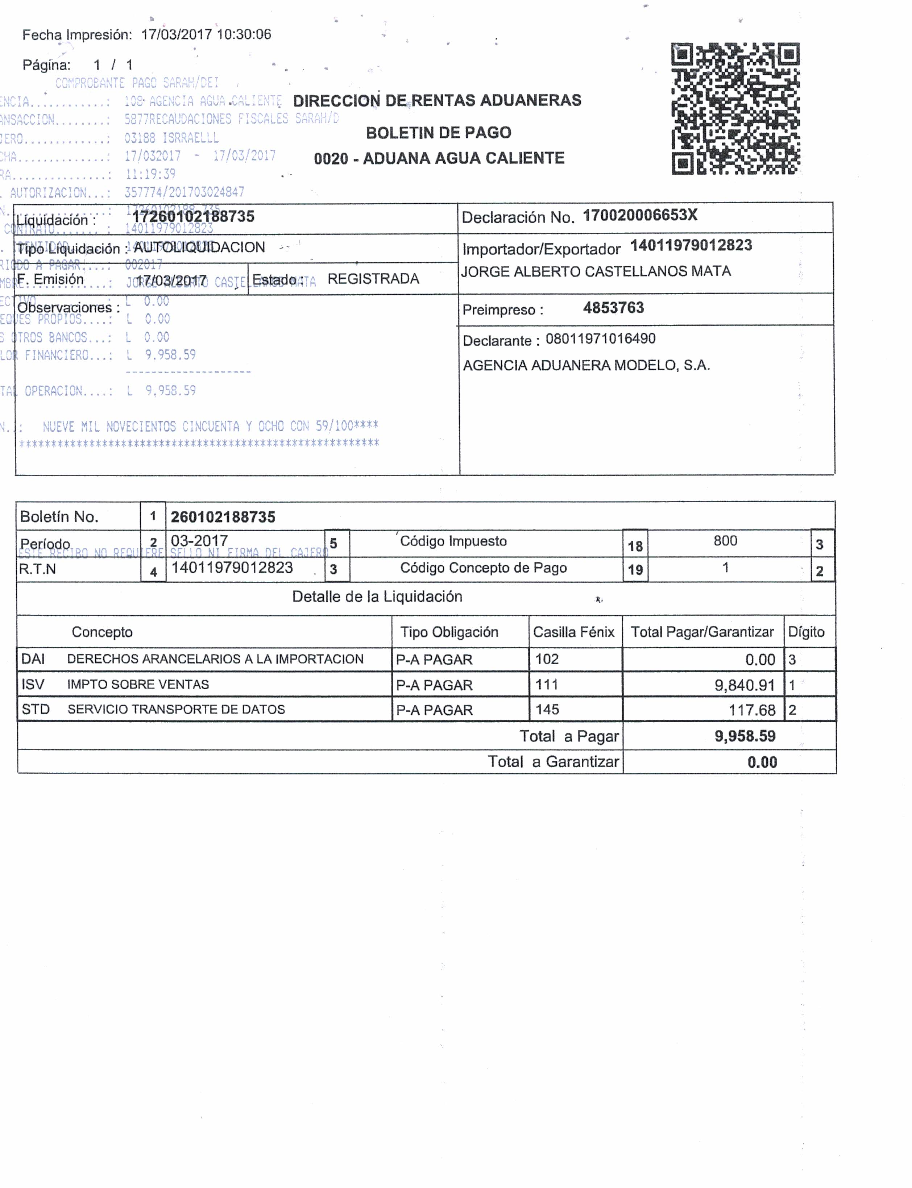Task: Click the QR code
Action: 735,108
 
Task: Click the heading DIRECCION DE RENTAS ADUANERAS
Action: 437,100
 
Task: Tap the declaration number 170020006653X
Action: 640,216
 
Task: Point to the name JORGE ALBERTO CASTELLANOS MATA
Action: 596,271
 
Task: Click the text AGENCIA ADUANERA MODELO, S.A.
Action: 586,365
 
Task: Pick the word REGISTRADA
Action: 373,279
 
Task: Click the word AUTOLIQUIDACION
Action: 199,248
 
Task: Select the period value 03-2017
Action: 199,541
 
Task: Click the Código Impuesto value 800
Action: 725,541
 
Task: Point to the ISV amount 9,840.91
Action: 744,685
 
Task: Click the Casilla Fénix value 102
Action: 547,659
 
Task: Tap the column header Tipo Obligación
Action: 449,632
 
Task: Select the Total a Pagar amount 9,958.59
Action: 745,736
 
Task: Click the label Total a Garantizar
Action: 553,762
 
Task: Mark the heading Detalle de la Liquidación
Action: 377,597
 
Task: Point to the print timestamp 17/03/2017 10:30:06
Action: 206,35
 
